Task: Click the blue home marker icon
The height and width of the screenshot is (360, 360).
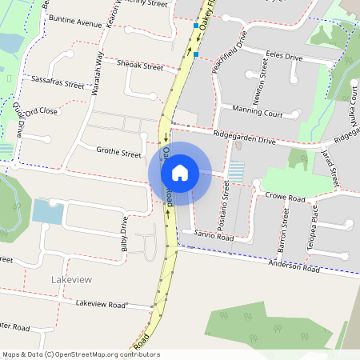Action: pos(180,173)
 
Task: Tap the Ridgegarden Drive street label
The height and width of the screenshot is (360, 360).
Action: pos(244,139)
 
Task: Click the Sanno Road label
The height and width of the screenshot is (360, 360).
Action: pos(214,237)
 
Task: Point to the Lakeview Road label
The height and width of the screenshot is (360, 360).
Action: pos(102,305)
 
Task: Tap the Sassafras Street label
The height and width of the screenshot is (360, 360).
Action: pos(58,83)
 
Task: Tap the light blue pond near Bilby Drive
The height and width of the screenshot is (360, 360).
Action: pos(48,212)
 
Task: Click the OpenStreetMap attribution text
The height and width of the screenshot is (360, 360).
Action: pos(81,354)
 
